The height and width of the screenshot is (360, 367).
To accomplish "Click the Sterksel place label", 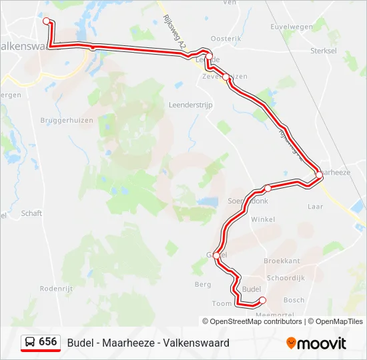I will [325, 50].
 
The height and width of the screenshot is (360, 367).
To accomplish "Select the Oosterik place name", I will [226, 39].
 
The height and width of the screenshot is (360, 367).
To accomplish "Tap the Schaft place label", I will [31, 213].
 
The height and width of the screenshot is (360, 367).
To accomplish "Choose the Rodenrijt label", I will [55, 289].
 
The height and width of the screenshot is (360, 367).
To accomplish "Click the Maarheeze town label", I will [336, 172].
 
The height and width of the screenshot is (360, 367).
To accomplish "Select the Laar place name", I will [316, 207].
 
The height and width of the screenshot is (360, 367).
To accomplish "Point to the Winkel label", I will [263, 219].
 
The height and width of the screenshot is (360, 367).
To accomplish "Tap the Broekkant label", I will [282, 261].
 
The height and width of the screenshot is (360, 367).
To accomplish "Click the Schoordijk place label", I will [286, 277].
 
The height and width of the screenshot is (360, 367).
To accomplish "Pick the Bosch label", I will [294, 300].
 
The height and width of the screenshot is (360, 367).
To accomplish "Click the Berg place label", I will [203, 284].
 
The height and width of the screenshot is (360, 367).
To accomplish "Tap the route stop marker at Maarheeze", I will [319, 175].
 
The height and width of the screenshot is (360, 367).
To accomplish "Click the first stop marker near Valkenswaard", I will [47, 21].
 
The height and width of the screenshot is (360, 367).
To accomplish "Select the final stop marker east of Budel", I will [262, 300].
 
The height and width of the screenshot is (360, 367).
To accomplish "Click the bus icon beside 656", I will [31, 342].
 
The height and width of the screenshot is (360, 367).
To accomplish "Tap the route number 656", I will [48, 342].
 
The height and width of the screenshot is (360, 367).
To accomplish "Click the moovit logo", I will [316, 343].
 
